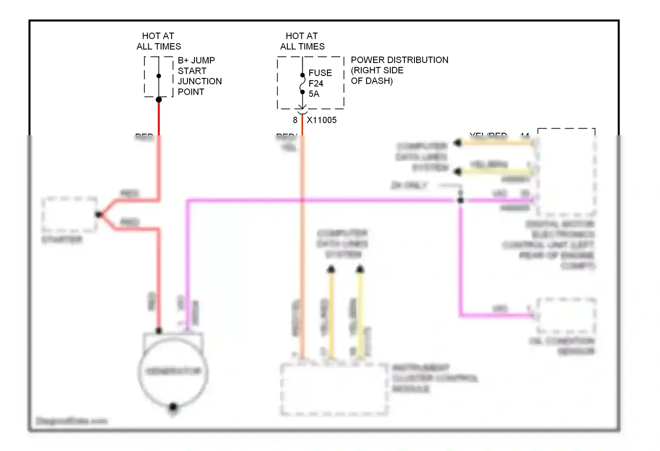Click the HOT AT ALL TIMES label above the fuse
(302, 41)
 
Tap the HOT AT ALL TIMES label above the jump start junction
(158, 41)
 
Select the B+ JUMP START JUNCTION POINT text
(199, 76)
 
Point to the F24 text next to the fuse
(316, 83)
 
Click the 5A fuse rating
(314, 94)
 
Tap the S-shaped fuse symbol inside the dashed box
(302, 84)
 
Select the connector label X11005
(322, 120)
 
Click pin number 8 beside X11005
(295, 120)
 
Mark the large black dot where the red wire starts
(159, 100)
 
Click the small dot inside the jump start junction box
(159, 76)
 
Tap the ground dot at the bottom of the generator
(173, 407)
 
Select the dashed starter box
(69, 214)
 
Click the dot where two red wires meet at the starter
(99, 214)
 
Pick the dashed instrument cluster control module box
(334, 389)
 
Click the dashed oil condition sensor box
(565, 315)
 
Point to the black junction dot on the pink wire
(460, 200)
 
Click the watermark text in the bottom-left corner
(71, 421)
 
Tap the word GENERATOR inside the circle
(173, 371)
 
